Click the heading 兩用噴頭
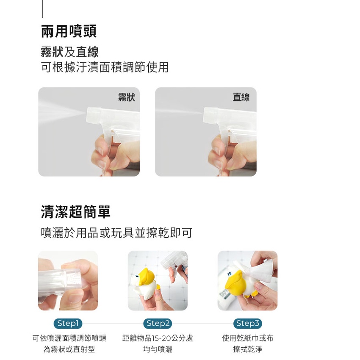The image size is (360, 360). tap(69, 31)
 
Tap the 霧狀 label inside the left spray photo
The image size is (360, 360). tap(127, 97)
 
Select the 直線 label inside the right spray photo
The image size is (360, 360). tap(241, 97)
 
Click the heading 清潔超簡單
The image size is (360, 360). tap(75, 212)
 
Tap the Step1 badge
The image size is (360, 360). tap(68, 323)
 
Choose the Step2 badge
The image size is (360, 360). tap(158, 323)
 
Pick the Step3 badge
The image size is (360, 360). tap(247, 323)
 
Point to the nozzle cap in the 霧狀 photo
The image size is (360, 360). tap(94, 115)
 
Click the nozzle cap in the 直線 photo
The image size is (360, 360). tap(211, 115)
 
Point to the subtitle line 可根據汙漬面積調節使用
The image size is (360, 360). tap(105, 67)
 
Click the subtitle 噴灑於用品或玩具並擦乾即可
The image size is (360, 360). tap(116, 233)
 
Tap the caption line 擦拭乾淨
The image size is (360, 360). tap(247, 349)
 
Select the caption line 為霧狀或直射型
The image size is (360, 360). tap(69, 349)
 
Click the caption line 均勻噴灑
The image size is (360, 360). tap(158, 349)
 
